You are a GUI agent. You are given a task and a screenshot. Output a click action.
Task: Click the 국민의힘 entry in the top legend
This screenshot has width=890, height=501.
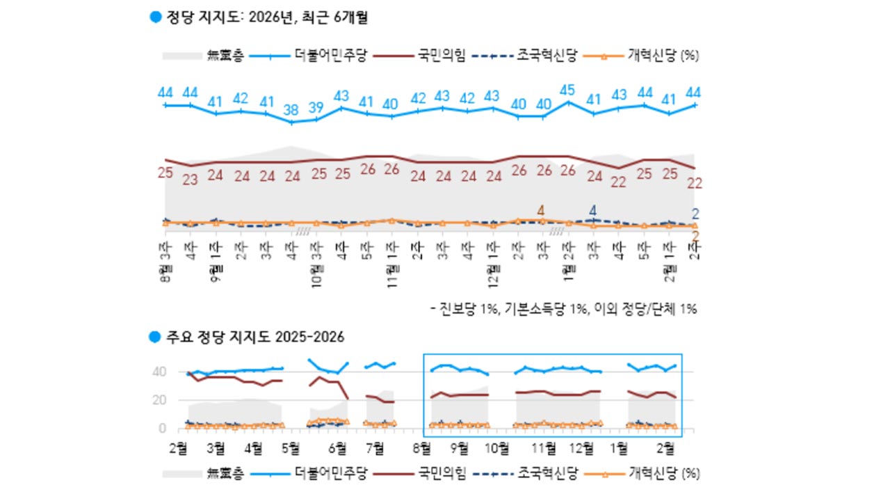click(441, 55)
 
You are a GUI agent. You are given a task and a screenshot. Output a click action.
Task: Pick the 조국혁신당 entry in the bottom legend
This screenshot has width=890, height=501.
click(547, 474)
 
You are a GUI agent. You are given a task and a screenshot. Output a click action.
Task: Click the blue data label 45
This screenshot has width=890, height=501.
click(567, 90)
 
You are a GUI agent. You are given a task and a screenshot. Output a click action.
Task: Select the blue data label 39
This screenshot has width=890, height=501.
click(316, 107)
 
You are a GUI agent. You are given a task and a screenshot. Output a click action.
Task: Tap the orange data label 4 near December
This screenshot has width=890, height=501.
click(541, 209)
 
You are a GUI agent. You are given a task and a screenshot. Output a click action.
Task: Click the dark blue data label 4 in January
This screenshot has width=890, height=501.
click(592, 210)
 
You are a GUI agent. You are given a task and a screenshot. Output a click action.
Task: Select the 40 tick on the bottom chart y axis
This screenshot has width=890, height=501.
click(159, 372)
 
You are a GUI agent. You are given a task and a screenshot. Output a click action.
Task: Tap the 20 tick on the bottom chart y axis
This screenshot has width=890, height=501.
click(159, 400)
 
